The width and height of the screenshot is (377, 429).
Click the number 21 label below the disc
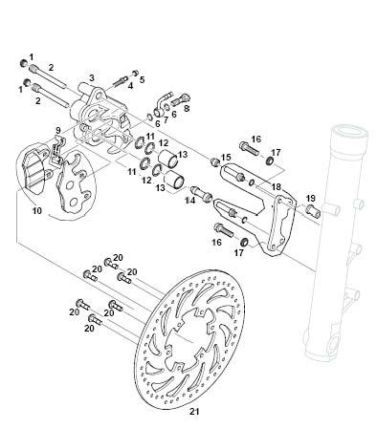pos(194,412)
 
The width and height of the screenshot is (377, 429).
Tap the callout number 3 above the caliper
pos(92,77)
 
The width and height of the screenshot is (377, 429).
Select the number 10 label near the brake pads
pos(37,210)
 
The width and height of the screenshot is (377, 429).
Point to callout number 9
pos(57,130)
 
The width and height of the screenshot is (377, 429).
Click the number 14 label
pos(190,201)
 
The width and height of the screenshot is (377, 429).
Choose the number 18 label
pos(276,186)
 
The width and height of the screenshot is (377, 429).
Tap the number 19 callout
pos(310,198)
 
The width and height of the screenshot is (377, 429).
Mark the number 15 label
pos(226,157)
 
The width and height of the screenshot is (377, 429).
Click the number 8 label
pos(187,108)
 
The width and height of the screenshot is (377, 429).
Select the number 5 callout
pos(142,79)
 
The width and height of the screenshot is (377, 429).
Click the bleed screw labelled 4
pos(120,80)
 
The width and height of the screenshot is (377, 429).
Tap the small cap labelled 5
pos(136,73)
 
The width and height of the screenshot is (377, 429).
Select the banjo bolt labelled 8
pos(181,98)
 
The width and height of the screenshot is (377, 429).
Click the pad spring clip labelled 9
pos(57,150)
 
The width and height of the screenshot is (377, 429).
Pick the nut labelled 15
pos(215,161)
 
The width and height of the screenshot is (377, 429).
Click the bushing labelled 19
pos(313,211)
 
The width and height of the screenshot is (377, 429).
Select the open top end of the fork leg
pos(348,131)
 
